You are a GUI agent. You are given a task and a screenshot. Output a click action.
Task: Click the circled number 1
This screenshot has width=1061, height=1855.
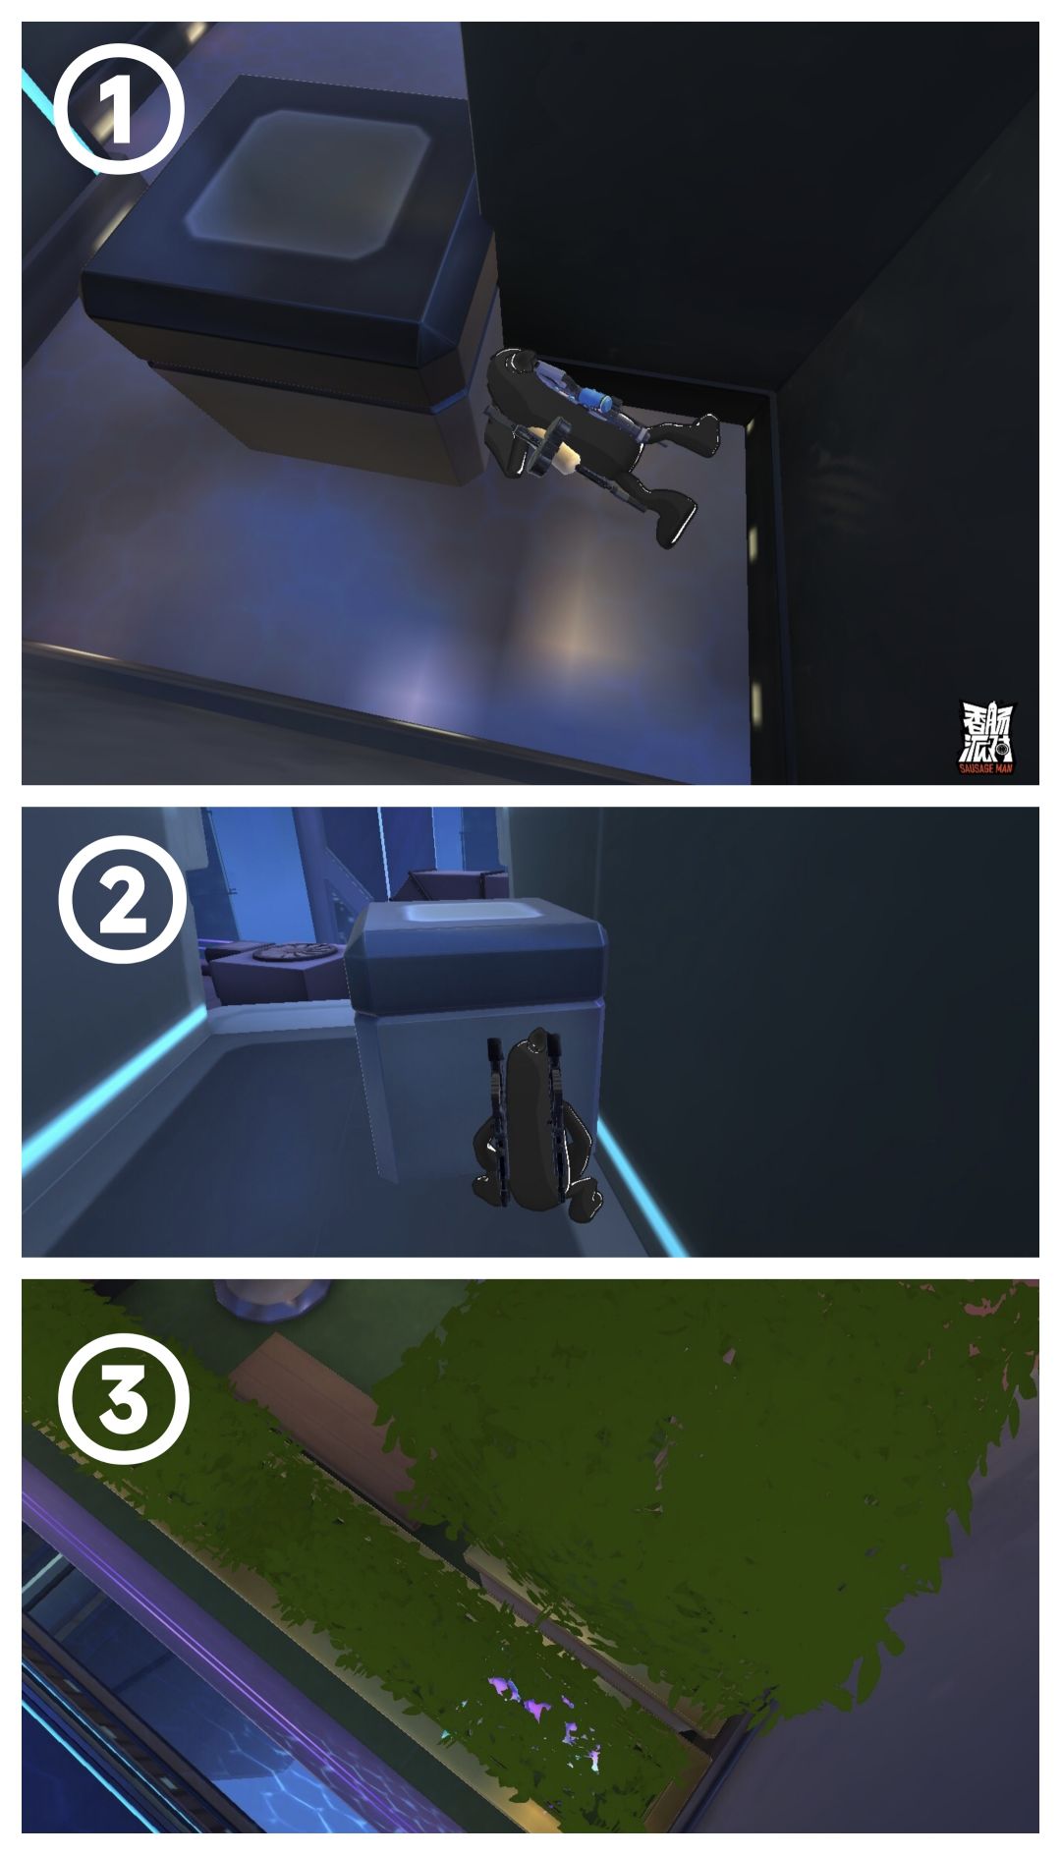[x=119, y=110]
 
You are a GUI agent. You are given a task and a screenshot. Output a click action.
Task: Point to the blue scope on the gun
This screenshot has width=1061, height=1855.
[x=596, y=399]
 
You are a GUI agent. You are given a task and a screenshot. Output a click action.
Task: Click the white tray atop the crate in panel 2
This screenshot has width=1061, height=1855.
[x=472, y=913]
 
